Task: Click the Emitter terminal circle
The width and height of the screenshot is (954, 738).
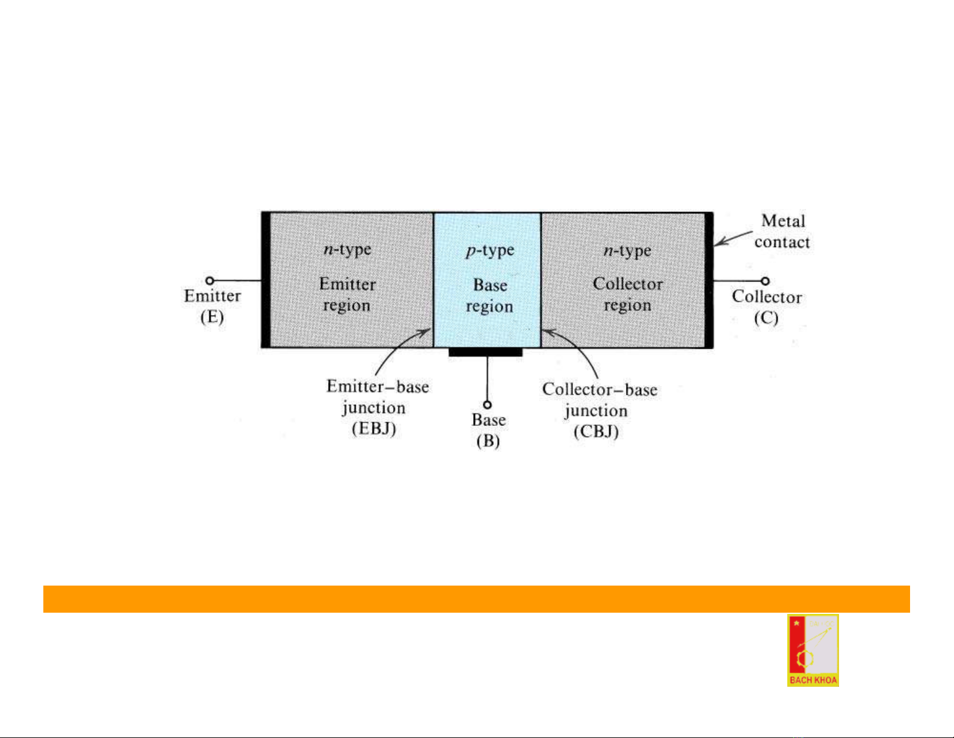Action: point(210,281)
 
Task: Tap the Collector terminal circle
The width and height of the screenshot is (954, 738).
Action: point(765,281)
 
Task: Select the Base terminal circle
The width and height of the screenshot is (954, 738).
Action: point(488,405)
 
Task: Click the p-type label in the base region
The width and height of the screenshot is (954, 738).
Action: point(490,251)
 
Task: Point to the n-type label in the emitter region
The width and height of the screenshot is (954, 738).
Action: point(347,250)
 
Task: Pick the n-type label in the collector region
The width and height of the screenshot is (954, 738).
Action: point(627,251)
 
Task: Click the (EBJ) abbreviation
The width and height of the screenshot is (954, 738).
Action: point(374,429)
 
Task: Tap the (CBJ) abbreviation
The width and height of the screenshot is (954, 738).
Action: point(596,431)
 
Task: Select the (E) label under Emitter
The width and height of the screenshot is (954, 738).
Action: point(212,317)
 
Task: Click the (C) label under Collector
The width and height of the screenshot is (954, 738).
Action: point(766,317)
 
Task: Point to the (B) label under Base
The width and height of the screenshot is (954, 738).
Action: point(488,440)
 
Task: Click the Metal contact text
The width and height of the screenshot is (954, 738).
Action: point(782,231)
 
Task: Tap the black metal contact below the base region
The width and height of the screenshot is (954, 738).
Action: point(486,352)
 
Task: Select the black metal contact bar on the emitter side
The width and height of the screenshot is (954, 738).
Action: point(265,280)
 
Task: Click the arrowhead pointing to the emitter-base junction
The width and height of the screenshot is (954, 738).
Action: point(426,332)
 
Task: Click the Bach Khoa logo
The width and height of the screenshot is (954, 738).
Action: point(813,650)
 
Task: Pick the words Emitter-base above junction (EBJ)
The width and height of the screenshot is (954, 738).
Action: point(377,387)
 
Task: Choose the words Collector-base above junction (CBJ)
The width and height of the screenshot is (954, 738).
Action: point(599,389)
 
